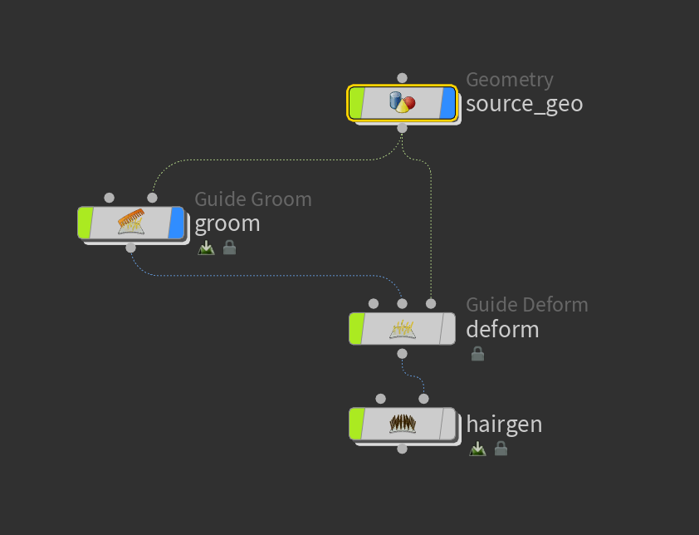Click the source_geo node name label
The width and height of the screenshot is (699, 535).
[x=525, y=104]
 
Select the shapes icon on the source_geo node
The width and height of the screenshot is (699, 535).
[x=402, y=102]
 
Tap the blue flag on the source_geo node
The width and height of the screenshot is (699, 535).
[x=448, y=103]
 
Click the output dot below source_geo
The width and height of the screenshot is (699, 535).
[x=402, y=128]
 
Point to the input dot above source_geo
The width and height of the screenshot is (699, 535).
[x=402, y=78]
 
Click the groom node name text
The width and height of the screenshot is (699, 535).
[x=227, y=223]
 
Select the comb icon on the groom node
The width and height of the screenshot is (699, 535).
[x=131, y=221]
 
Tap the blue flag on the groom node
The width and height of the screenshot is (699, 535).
[x=177, y=222]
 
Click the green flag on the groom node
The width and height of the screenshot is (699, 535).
[x=86, y=222]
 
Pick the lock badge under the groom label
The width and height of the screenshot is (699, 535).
[x=230, y=248]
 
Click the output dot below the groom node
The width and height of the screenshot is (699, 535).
[x=130, y=248]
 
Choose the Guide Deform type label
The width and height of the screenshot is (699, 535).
[x=527, y=305]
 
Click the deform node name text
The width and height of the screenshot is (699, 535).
[x=502, y=330]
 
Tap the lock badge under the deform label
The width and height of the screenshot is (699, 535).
[x=478, y=354]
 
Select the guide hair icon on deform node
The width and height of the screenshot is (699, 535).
[x=403, y=329]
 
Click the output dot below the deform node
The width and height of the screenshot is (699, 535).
[x=402, y=354]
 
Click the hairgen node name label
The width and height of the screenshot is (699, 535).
[x=504, y=425]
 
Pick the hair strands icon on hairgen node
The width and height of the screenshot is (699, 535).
[x=403, y=424]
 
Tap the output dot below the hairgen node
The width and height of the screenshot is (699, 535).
[x=402, y=449]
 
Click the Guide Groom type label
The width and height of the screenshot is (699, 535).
[x=253, y=199]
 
